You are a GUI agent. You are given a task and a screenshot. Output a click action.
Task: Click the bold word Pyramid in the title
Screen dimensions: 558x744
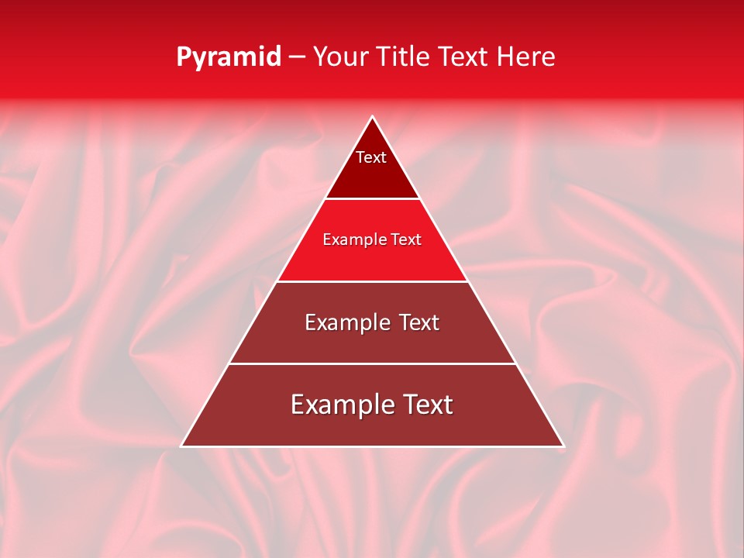click(x=229, y=57)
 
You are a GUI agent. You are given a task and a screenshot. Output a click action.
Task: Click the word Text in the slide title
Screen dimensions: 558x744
click(x=463, y=57)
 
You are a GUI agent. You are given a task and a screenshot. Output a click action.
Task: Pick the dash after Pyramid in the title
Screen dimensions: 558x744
click(x=297, y=57)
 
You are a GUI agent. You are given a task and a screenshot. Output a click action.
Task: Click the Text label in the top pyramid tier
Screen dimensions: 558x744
click(x=371, y=157)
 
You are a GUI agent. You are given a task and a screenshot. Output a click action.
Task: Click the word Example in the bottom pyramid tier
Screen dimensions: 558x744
click(x=338, y=405)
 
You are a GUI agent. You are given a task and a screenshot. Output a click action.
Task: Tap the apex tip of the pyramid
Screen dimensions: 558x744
click(x=372, y=117)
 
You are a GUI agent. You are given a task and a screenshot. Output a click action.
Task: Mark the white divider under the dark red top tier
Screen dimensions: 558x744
click(x=372, y=199)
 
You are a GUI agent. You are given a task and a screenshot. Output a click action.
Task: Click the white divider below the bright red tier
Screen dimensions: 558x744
click(x=372, y=281)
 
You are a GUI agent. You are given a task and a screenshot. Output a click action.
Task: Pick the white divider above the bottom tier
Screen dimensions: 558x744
click(x=372, y=363)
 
